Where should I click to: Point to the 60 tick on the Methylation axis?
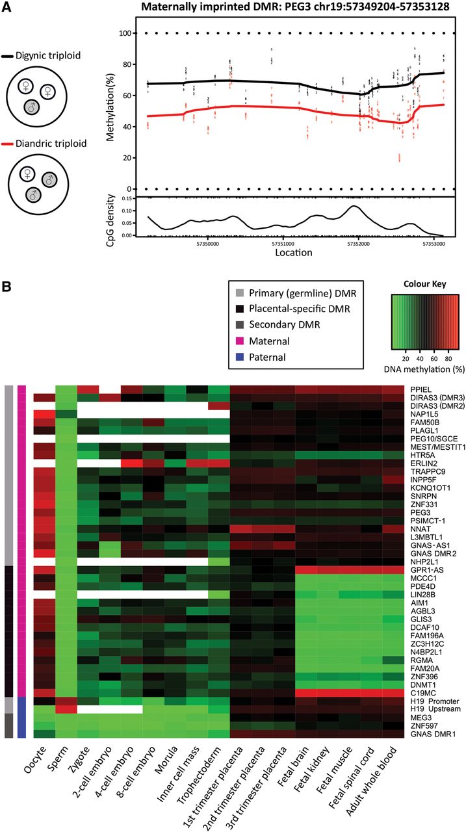(123, 96)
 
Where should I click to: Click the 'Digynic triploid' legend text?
(51, 56)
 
